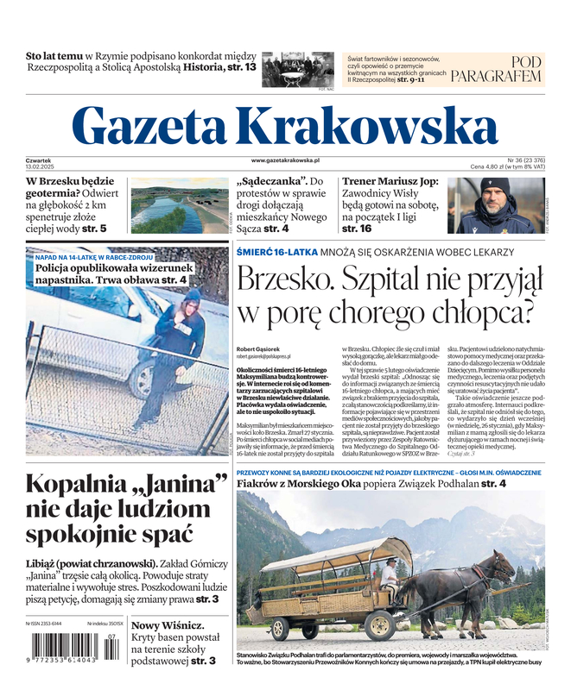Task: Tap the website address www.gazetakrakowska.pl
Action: click(286, 160)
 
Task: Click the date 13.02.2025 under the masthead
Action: click(41, 166)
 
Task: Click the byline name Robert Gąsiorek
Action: click(257, 348)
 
